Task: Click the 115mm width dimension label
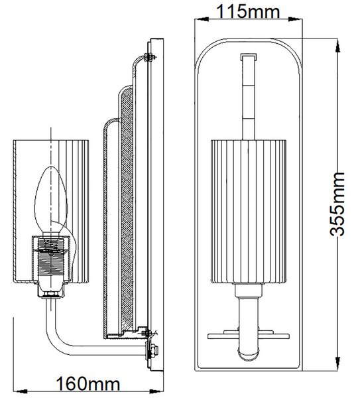click(248, 11)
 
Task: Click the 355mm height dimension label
click(337, 204)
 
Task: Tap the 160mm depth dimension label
click(88, 383)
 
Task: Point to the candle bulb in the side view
click(51, 200)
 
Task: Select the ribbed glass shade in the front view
click(249, 212)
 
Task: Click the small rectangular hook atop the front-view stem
click(249, 57)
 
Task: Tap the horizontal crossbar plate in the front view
click(249, 336)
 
